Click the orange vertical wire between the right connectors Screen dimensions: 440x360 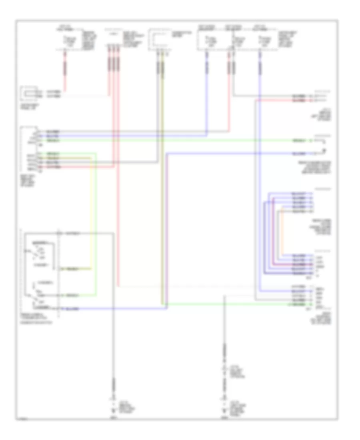point(283,232)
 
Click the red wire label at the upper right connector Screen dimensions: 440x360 point(299,100)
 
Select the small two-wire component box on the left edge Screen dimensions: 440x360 point(30,94)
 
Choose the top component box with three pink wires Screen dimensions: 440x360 point(114,39)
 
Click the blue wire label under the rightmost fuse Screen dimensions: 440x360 point(261,68)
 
